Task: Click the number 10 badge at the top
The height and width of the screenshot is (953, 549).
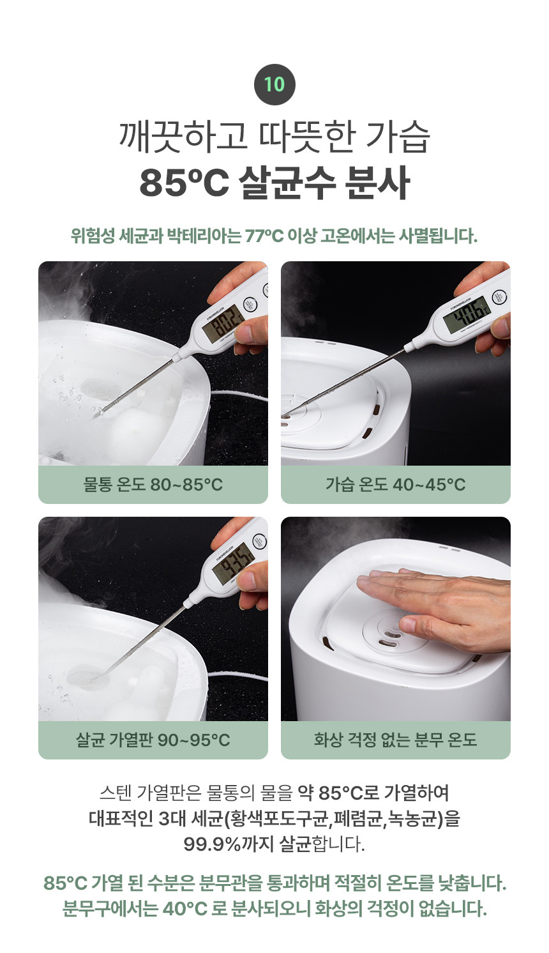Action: (274, 85)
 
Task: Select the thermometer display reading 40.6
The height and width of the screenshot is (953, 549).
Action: (466, 313)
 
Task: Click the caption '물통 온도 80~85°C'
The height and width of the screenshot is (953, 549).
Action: (153, 484)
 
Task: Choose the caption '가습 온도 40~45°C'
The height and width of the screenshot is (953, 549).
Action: (396, 484)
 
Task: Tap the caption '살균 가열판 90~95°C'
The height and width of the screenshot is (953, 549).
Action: (153, 740)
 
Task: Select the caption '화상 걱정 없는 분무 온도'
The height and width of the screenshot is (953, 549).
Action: (396, 740)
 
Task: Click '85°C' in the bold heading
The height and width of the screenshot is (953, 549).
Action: (184, 183)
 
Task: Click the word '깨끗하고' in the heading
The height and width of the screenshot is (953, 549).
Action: (183, 137)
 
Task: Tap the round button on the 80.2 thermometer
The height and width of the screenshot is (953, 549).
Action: (250, 305)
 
